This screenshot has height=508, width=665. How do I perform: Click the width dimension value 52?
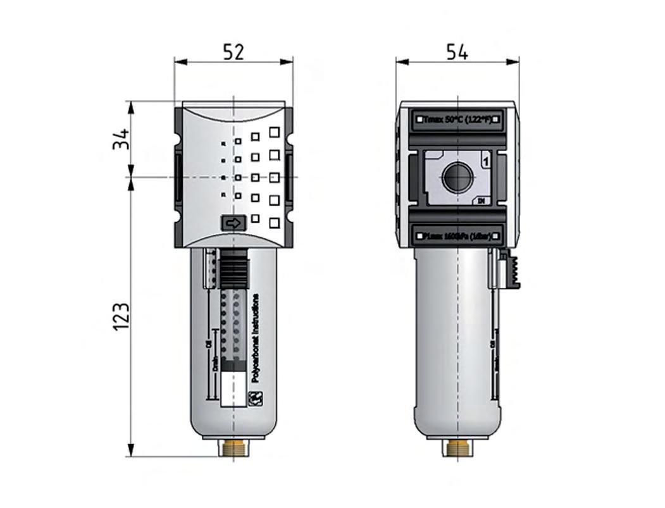pos(233,52)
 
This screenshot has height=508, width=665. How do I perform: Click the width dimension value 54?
pos(457,52)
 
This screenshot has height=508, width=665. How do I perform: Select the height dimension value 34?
pos(121,139)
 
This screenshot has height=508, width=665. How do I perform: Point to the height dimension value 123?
pos(121,316)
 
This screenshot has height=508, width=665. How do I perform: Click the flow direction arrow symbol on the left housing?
pos(233,223)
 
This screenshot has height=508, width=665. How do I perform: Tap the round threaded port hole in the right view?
pos(457,177)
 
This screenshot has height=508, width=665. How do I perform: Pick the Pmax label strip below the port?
pos(457,235)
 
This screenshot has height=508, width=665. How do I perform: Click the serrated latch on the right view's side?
pos(511,270)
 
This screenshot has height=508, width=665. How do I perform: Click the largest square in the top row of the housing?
pos(274,132)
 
